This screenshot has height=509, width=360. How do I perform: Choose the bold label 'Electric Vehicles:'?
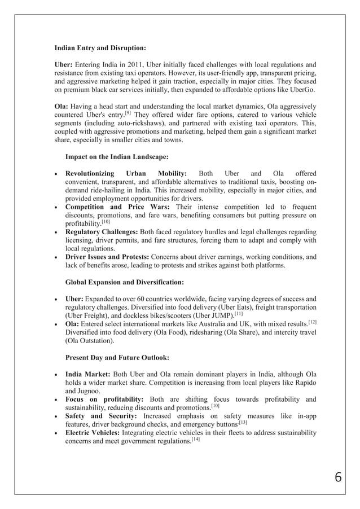92,433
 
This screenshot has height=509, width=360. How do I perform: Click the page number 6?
338,477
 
